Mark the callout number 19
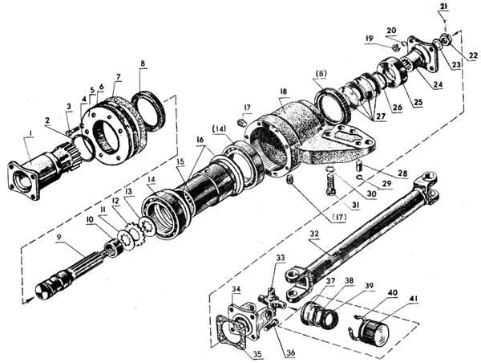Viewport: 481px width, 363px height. pos(370,39)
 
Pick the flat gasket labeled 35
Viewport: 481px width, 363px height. pos(229,335)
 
